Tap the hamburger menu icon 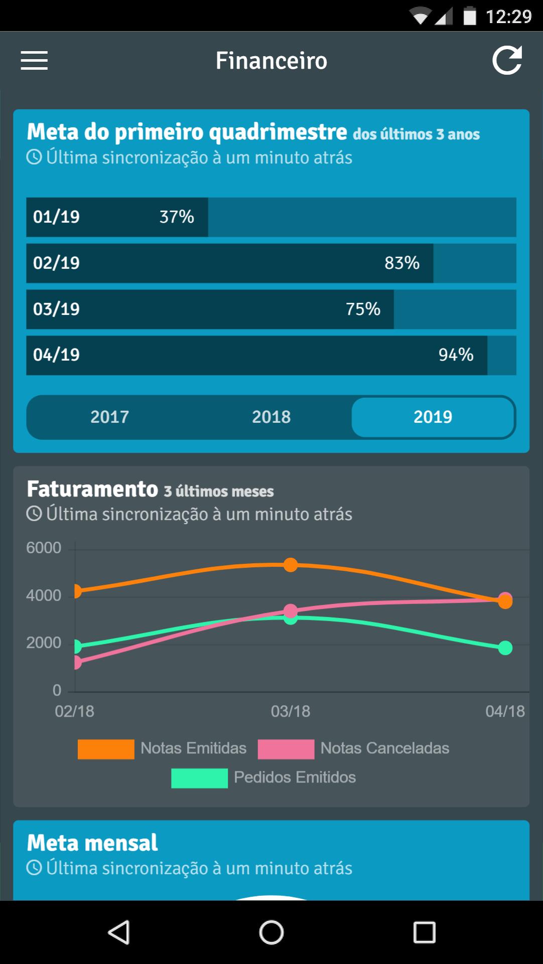(34, 61)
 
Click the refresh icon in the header (507, 61)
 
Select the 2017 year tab (109, 417)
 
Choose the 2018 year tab (271, 417)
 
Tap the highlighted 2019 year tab (433, 417)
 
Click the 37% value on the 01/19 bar (177, 217)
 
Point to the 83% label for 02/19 (402, 263)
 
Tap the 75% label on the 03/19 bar (363, 309)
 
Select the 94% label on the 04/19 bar (456, 355)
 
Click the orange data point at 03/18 (291, 565)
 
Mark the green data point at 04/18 (505, 648)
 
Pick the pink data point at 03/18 (291, 610)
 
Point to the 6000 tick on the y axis (44, 548)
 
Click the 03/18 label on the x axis (291, 711)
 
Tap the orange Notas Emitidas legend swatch (106, 749)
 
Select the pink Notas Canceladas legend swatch (286, 749)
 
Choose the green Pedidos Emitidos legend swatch (199, 778)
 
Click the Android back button (119, 932)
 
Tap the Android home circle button (271, 932)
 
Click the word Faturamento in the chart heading (92, 489)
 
